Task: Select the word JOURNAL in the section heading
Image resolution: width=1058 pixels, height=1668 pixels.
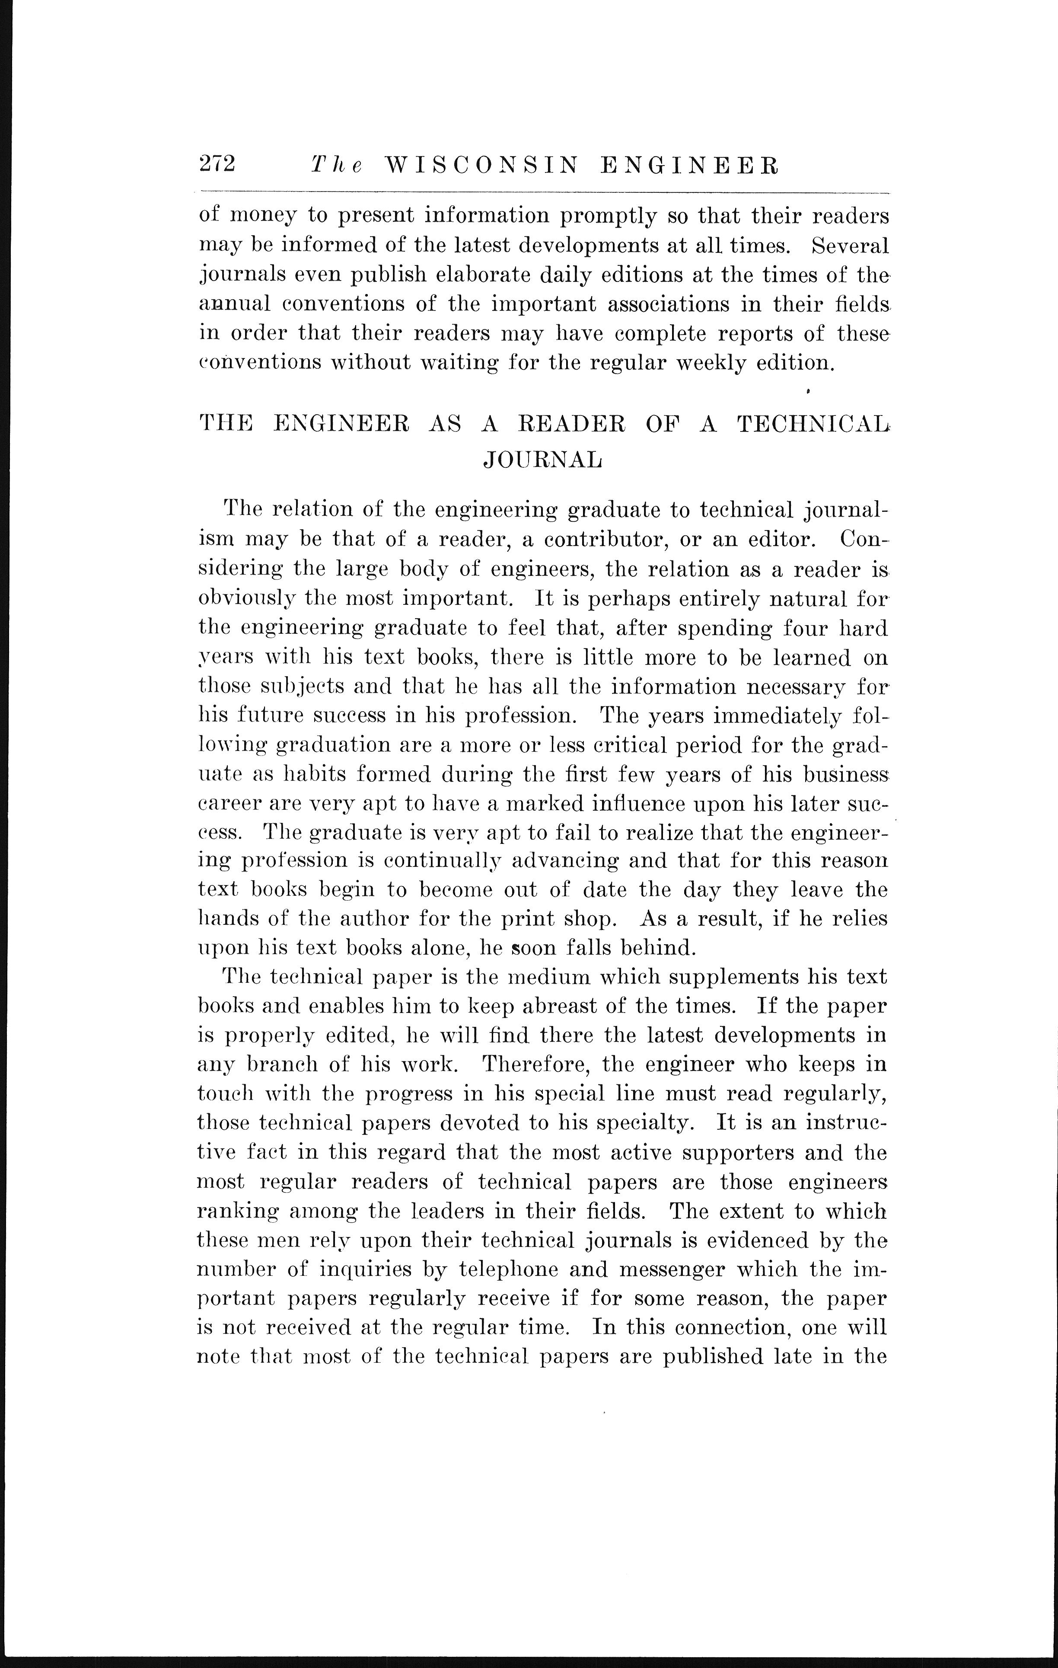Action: [x=542, y=460]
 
